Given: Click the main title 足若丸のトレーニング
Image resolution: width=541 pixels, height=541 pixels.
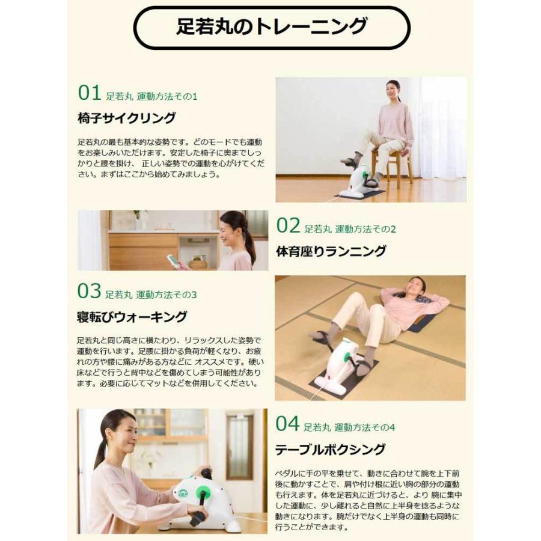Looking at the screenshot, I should [271, 27].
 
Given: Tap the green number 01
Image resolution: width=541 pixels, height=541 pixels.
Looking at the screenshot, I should [90, 93].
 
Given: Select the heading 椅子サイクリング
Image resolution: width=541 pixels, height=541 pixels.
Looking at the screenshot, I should [127, 118].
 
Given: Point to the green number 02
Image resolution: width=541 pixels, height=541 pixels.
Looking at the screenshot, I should [288, 226].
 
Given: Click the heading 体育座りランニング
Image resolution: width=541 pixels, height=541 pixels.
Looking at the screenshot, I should [331, 251].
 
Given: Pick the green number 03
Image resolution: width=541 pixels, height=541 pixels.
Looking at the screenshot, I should [89, 292].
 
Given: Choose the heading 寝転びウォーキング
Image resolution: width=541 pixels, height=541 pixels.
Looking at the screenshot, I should [132, 317].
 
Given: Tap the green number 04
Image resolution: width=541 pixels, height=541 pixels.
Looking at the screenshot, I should [287, 424].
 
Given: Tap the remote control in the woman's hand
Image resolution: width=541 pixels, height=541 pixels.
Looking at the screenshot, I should [173, 260].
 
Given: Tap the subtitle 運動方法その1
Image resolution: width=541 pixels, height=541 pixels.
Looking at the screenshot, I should [167, 96].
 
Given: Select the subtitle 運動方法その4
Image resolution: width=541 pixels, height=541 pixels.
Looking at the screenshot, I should [365, 428].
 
